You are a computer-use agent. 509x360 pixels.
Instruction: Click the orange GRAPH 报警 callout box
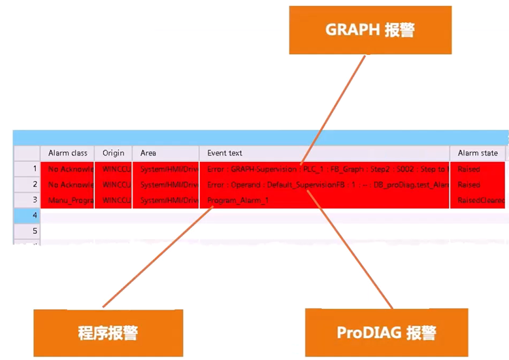point(370,30)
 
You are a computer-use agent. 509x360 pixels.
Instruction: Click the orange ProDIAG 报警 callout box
point(386,333)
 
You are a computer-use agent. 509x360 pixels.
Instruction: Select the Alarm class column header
point(67,153)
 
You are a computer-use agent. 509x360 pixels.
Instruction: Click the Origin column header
point(113,153)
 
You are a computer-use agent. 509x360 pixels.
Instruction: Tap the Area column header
point(166,153)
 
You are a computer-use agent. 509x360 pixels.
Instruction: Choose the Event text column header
point(324,153)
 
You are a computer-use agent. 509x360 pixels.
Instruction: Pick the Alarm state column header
point(478,153)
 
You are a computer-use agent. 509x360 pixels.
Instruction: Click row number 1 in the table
point(27,169)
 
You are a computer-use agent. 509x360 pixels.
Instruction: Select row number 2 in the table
point(27,185)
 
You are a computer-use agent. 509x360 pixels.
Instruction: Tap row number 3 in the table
point(27,200)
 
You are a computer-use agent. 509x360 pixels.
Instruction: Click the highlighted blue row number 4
point(27,215)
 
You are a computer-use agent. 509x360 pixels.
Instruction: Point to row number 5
point(27,231)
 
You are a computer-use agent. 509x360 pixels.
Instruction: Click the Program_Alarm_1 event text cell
point(238,200)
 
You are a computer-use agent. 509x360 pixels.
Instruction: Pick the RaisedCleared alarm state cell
point(480,200)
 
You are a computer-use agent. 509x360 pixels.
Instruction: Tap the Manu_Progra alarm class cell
point(67,200)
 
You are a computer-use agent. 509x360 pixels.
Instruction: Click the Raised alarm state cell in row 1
point(469,169)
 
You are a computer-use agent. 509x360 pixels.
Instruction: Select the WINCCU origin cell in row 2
point(113,185)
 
